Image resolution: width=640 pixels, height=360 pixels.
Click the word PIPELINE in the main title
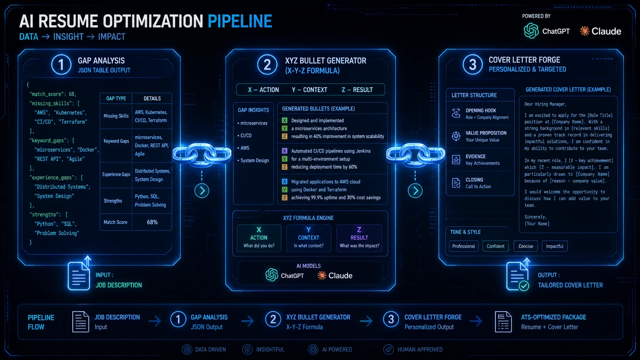pos(240,21)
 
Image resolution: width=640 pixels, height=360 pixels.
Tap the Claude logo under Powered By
pos(584,31)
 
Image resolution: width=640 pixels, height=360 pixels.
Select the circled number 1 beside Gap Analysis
pos(61,65)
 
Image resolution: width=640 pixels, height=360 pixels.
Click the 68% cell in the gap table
pos(152,222)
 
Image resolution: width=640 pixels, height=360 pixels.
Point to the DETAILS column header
pos(152,98)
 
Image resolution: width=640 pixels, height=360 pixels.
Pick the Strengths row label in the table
pos(113,201)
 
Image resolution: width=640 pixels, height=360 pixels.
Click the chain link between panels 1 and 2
pos(202,154)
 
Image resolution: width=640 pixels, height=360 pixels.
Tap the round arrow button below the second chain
pos(415,191)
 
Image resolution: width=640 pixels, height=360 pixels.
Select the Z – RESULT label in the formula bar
pos(357,90)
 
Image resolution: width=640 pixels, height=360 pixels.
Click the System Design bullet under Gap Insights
pos(253,160)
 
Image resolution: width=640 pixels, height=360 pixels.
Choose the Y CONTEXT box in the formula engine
pos(309,238)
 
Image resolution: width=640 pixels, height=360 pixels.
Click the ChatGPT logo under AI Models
pos(271,275)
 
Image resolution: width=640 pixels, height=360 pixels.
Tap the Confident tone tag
pos(495,246)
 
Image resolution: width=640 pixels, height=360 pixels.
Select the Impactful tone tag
pos(555,246)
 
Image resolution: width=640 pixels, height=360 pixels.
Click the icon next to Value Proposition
pos(456,136)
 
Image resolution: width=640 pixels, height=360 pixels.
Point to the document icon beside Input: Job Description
pos(79,275)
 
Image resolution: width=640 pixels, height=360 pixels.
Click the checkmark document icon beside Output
pos(518,276)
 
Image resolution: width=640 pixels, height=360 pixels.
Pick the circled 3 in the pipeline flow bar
pos(391,319)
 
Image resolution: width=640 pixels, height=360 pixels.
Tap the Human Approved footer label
pos(420,349)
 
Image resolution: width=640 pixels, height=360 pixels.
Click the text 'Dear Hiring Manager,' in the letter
pos(545,104)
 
